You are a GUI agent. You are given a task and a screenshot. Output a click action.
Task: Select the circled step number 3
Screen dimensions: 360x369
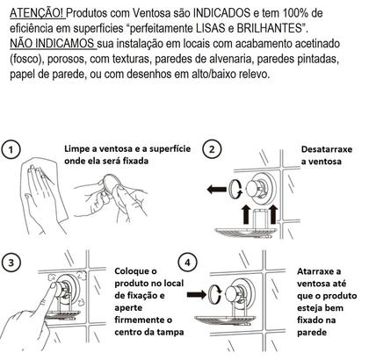click(x=11, y=263)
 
